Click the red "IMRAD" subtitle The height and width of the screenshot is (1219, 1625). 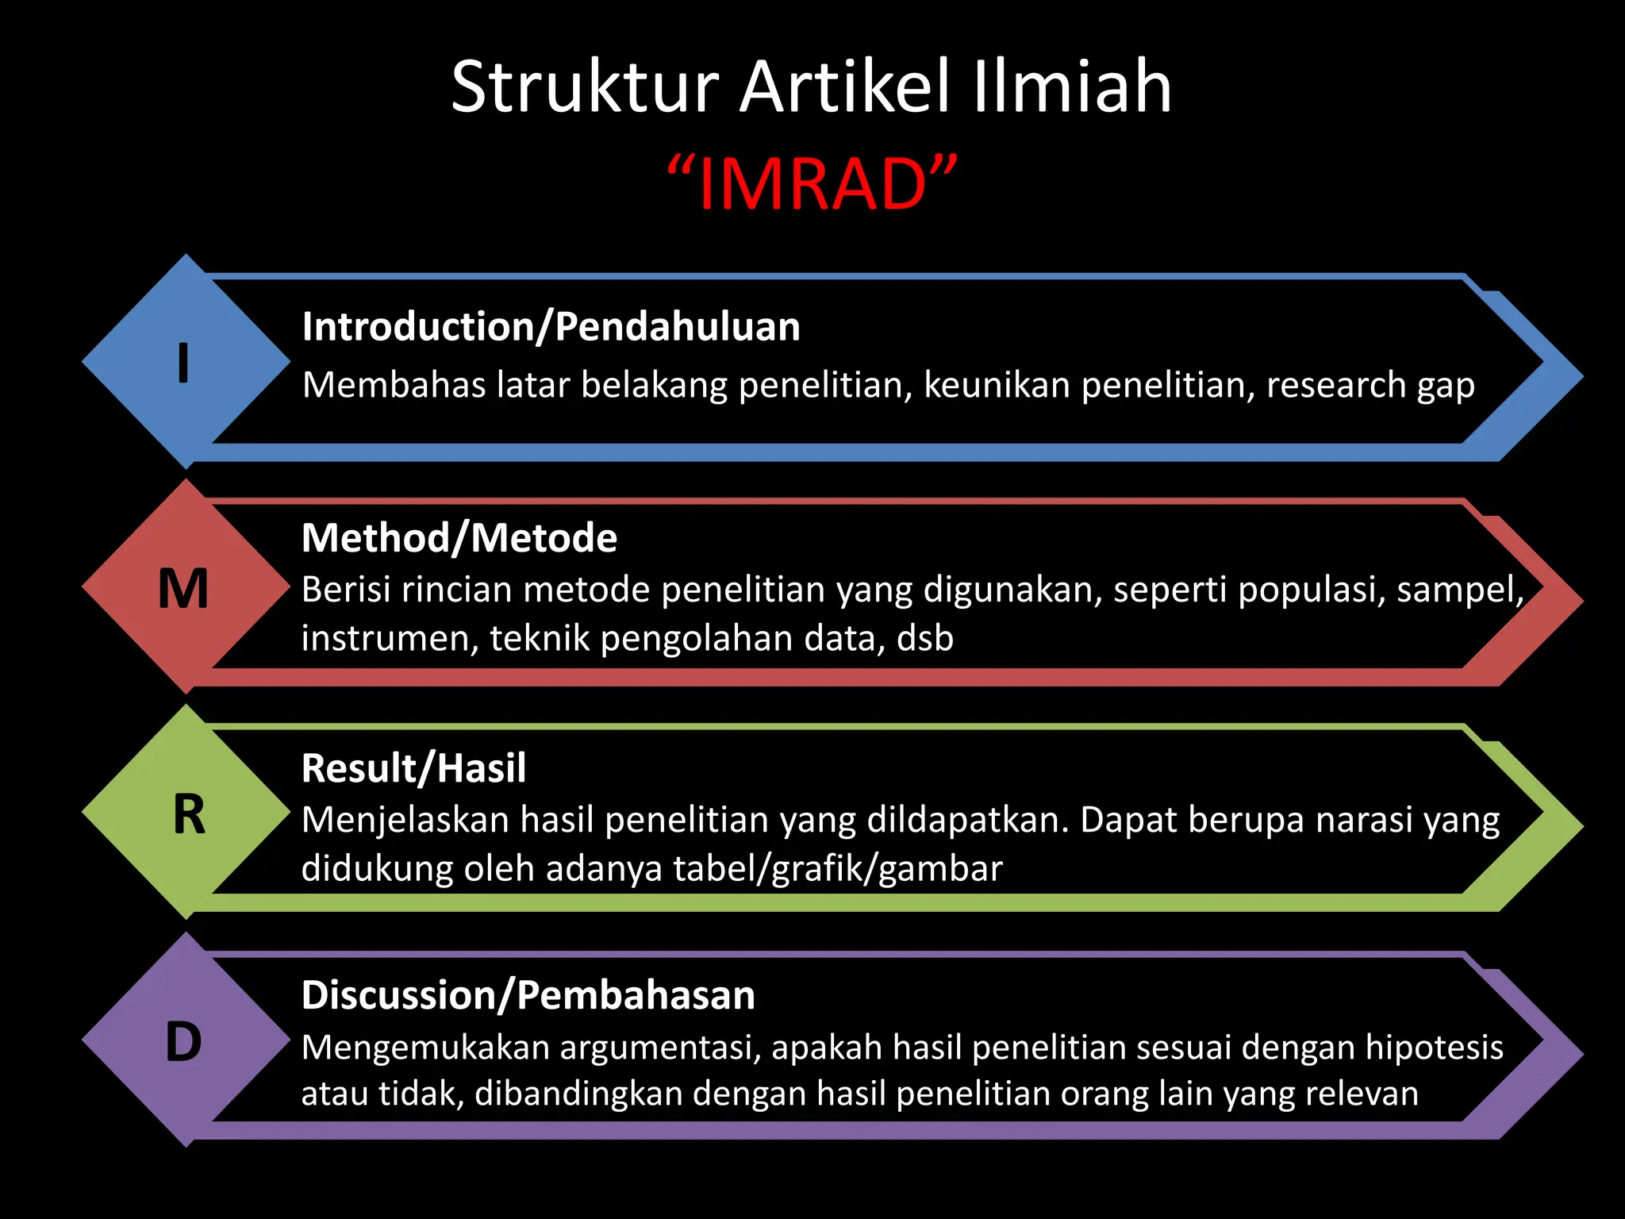[812, 184]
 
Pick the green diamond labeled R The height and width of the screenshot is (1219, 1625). [187, 814]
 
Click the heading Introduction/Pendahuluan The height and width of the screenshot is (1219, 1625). [551, 327]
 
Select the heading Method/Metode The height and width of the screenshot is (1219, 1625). [459, 538]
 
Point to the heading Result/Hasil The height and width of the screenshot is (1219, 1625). [413, 768]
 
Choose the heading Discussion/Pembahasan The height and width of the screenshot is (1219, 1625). [528, 995]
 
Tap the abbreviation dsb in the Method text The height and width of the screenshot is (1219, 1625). [925, 639]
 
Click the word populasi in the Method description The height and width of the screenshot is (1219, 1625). [1311, 590]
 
